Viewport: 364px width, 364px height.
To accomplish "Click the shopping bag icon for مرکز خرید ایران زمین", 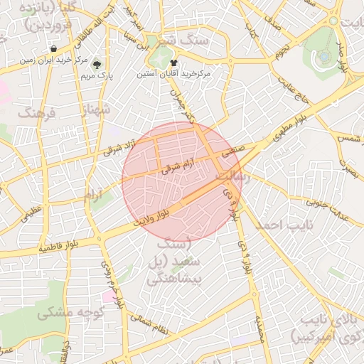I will click(x=54, y=49).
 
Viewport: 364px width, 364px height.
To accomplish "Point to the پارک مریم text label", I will click(x=97, y=75).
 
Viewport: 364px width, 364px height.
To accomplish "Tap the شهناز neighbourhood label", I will click(x=96, y=109).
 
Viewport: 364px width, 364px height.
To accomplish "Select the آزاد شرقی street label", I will click(x=114, y=148).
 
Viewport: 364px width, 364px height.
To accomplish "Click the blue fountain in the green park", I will click(x=324, y=55).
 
